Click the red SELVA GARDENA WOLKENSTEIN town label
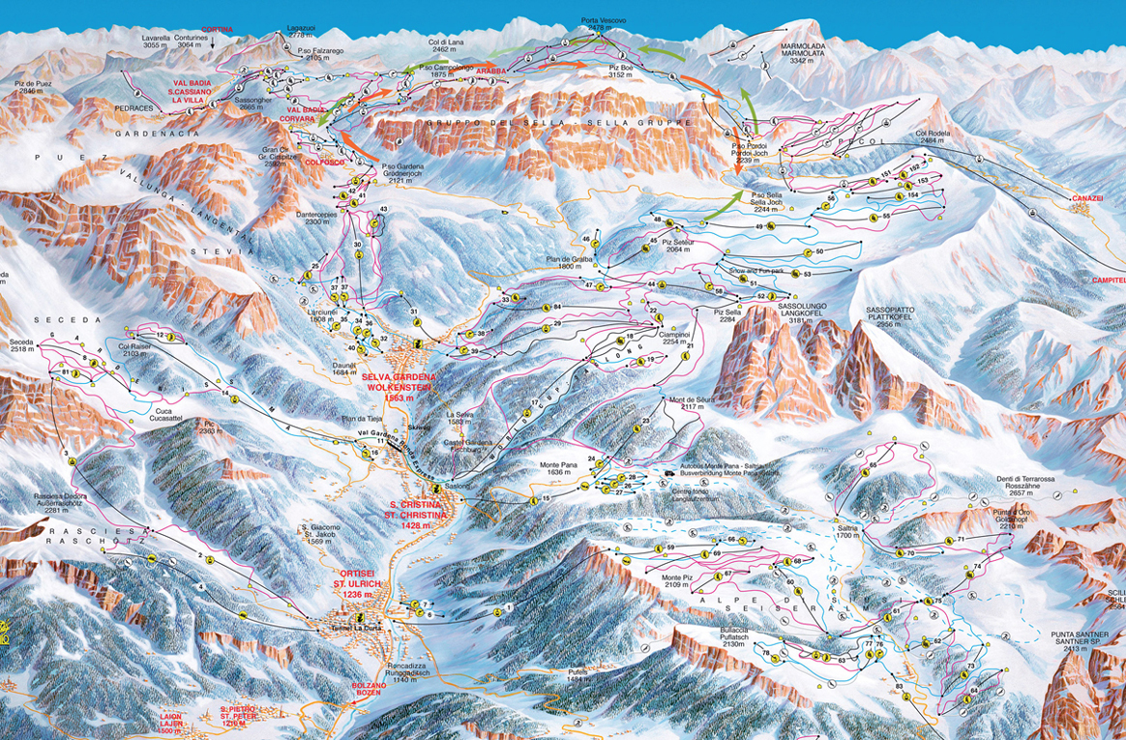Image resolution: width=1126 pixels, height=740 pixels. click(408, 386)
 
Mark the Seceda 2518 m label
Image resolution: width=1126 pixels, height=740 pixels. click(20, 346)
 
